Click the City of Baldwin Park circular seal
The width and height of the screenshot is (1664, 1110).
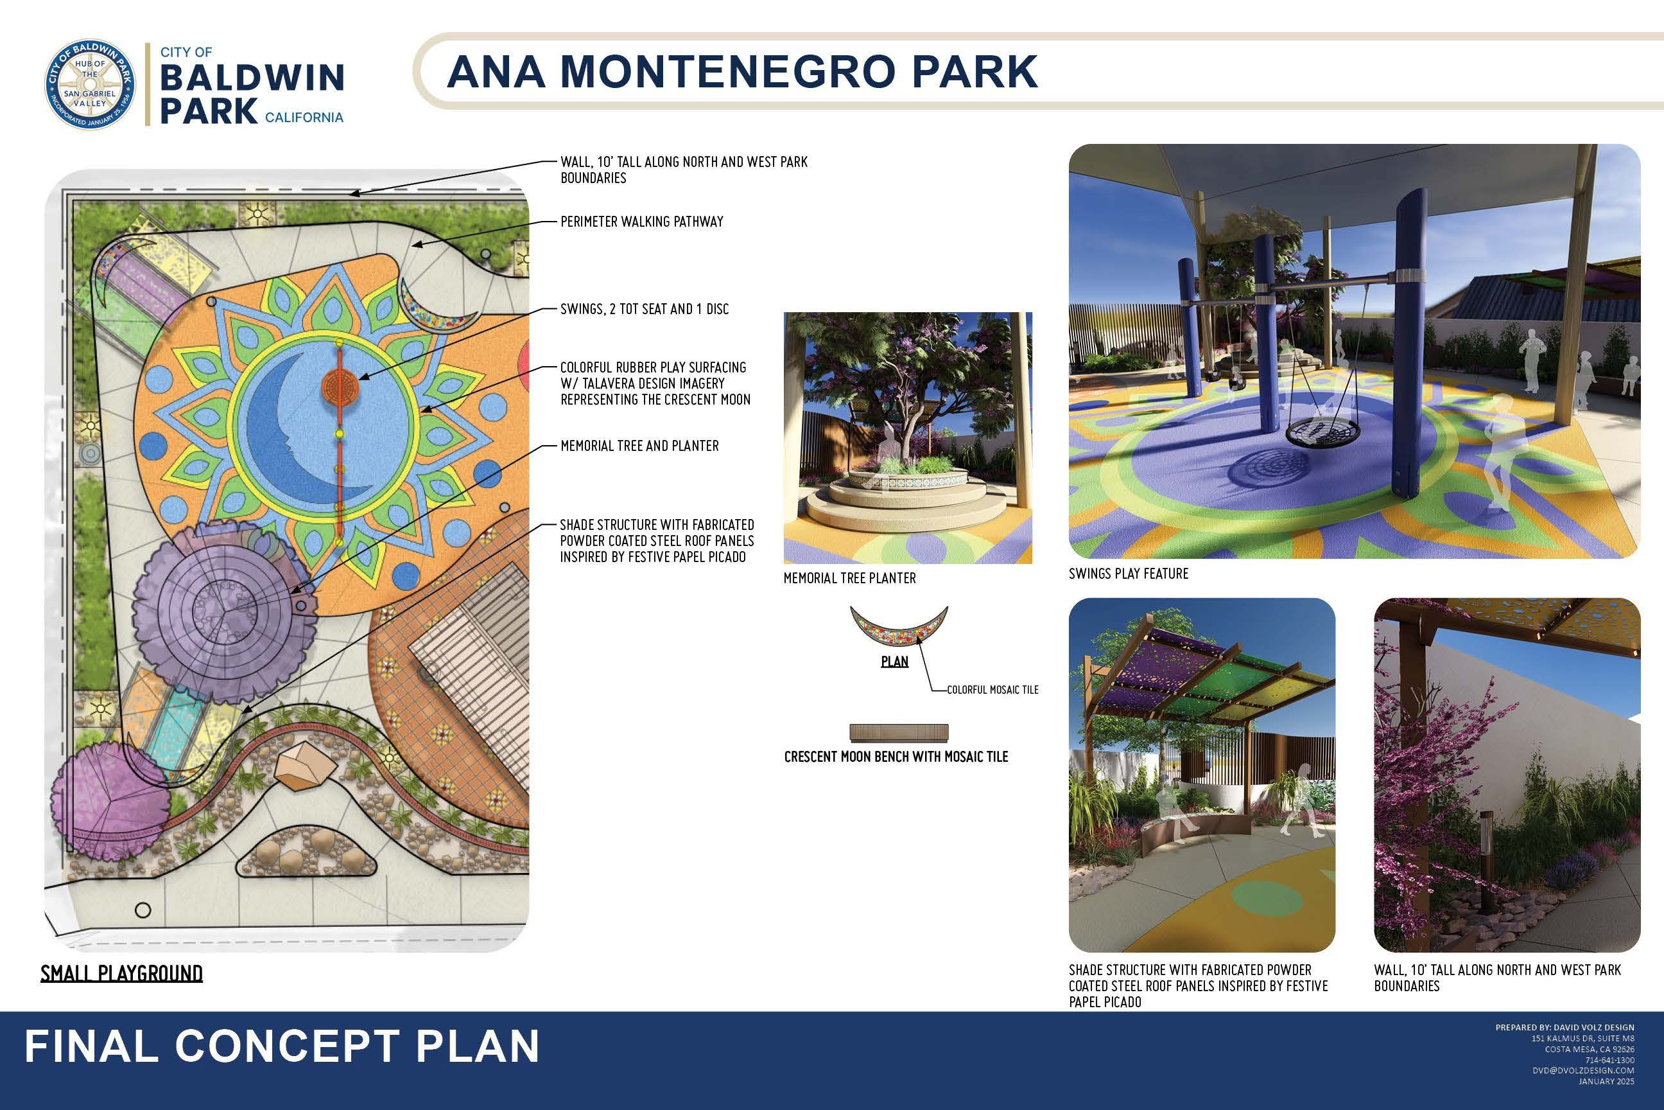click(90, 84)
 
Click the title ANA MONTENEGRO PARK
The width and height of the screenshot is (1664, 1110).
click(742, 71)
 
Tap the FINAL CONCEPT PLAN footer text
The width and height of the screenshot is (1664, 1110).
click(282, 1046)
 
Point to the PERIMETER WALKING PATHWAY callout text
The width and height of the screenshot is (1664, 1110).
click(642, 222)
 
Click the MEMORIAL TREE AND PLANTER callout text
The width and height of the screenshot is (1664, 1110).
click(639, 446)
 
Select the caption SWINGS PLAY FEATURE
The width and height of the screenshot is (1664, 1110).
click(1129, 574)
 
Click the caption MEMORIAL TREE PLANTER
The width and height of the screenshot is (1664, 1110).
click(849, 578)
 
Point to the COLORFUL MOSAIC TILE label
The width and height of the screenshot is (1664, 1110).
click(992, 689)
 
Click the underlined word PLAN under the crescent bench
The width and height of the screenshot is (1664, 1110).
click(894, 662)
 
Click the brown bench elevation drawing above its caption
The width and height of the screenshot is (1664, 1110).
click(899, 732)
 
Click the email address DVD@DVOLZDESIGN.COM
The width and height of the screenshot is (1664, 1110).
click(1583, 1071)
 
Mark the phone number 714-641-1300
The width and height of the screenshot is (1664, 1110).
click(1609, 1061)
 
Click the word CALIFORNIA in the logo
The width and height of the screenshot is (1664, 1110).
click(304, 118)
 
